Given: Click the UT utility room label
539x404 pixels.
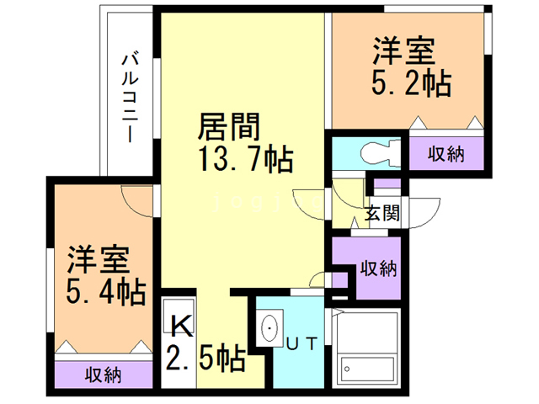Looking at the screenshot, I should point(302,343).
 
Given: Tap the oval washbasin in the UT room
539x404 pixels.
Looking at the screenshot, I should point(269,327).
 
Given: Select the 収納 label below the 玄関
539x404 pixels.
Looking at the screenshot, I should point(379,268).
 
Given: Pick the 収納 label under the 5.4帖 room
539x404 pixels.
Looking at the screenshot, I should point(102,375).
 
